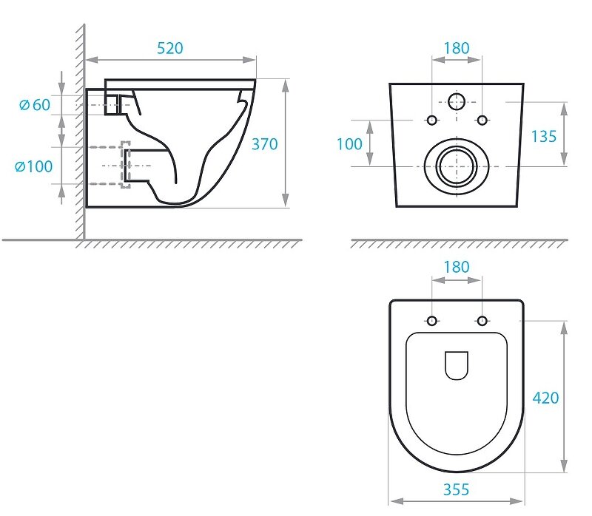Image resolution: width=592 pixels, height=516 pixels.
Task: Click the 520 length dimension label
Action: point(170,48)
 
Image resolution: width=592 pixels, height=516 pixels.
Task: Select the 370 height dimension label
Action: point(265,144)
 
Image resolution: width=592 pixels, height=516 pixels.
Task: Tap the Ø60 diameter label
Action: point(35,105)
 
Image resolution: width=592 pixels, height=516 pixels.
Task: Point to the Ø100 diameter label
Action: point(33,166)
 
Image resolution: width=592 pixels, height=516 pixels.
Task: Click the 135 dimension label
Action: point(544,137)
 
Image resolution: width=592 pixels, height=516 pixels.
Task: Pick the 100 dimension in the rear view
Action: point(349,144)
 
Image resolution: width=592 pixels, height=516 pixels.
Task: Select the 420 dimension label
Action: point(545,398)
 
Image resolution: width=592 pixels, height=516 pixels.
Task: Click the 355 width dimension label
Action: point(456,489)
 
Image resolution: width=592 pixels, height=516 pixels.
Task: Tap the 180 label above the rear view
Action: point(457,48)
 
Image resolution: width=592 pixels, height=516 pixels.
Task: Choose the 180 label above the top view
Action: point(457,267)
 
